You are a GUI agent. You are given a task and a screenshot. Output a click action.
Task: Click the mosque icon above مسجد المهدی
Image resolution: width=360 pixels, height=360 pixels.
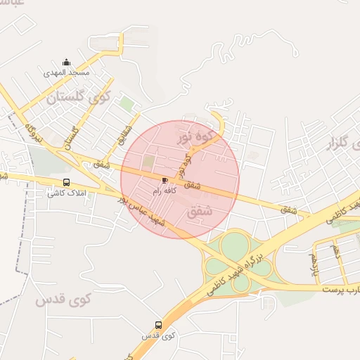[66, 62]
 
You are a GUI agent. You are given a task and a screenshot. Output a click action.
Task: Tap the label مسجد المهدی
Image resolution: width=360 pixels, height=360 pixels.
[66, 72]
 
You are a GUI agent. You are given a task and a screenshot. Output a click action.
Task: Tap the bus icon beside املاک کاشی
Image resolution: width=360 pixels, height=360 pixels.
[66, 182]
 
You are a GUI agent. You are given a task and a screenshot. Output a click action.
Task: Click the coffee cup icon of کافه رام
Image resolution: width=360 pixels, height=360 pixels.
[165, 180]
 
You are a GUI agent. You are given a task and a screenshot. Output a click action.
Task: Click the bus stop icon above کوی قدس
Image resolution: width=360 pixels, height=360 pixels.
[158, 325]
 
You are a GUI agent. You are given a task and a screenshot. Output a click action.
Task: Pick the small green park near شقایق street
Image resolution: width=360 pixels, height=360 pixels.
[126, 104]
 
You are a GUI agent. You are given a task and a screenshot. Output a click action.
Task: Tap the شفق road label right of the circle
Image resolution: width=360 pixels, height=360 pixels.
[289, 209]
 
